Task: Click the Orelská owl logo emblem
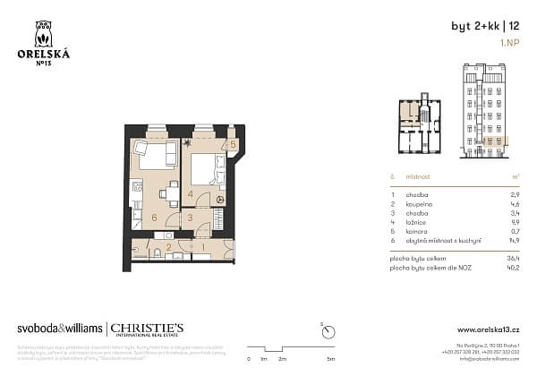pos(43,35)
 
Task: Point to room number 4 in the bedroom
pos(191,194)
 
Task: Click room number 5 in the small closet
pos(232,144)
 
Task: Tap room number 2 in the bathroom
pos(168,246)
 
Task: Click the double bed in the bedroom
pos(206,168)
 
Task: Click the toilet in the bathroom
pos(157,254)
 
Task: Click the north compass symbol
pos(321,328)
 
